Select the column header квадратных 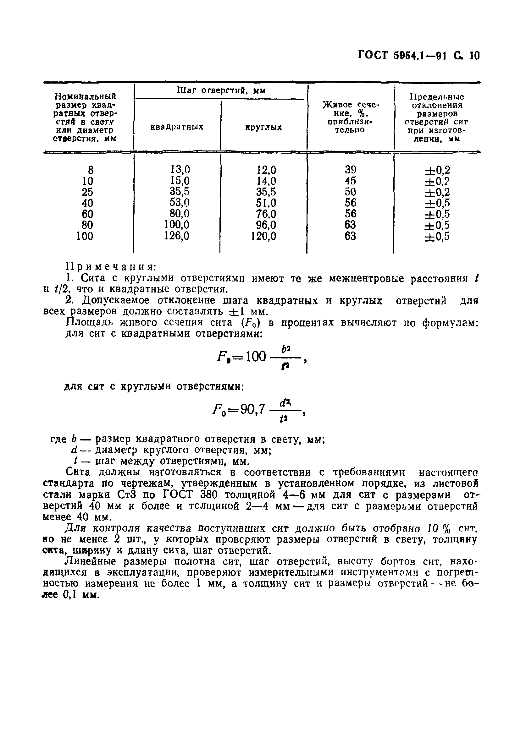[177, 127]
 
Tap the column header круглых [263, 127]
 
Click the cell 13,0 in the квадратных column [180, 169]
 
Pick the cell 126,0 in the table [177, 236]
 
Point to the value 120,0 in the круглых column [263, 236]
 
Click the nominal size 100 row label [85, 236]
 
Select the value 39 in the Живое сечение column [350, 169]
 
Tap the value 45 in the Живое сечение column [350, 180]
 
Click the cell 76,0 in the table [266, 214]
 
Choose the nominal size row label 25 [87, 192]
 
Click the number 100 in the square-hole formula [256, 357]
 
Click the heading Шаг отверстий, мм [221, 91]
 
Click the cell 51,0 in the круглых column [266, 203]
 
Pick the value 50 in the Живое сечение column [350, 191]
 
